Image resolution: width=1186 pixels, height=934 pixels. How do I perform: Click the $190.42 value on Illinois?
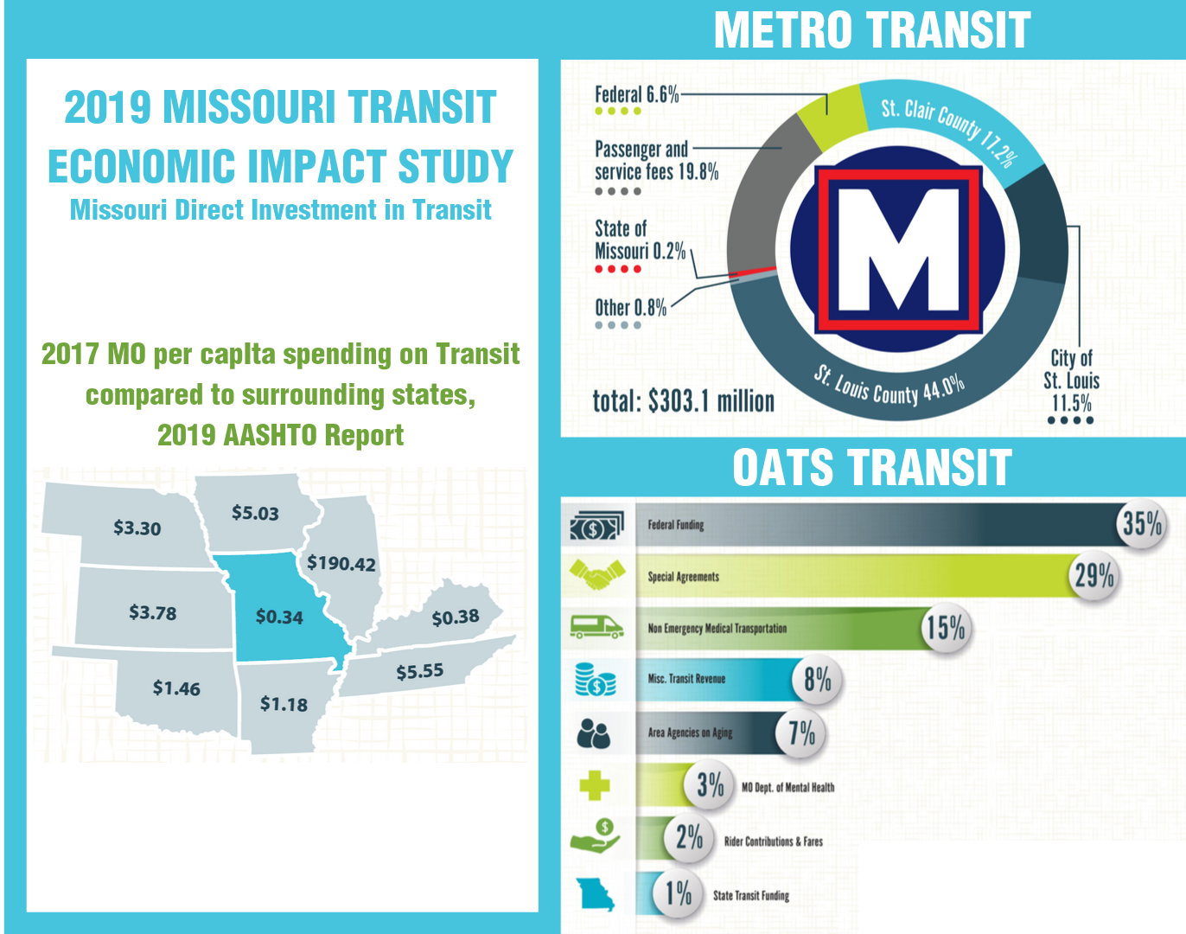coord(341,564)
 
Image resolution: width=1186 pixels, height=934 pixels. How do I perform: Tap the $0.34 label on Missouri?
coord(279,617)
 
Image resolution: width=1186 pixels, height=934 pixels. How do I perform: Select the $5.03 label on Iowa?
coord(255,513)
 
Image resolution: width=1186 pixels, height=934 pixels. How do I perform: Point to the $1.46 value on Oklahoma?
coord(176,688)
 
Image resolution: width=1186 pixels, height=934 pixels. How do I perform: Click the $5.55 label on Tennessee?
coord(420,671)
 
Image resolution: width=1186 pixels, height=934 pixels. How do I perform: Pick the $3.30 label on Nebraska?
coord(137,528)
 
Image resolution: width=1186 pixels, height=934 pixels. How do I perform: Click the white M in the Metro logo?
coord(899,250)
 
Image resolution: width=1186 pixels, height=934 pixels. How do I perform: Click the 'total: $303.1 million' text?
coord(683,401)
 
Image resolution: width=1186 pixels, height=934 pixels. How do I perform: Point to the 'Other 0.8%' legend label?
coord(631,308)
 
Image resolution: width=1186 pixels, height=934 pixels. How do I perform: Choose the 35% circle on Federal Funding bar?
coord(1142,523)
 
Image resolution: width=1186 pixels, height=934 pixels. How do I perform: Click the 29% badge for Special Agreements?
coord(1094,575)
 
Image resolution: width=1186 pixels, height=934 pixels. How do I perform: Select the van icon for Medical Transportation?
coord(596,626)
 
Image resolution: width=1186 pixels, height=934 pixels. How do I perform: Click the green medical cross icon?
coord(595,785)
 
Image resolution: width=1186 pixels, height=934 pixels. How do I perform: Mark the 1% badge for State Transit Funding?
coord(679,892)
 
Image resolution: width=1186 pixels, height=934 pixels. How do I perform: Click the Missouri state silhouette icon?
coord(596,894)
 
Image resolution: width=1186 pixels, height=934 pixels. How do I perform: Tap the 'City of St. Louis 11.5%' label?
coord(1071,381)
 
